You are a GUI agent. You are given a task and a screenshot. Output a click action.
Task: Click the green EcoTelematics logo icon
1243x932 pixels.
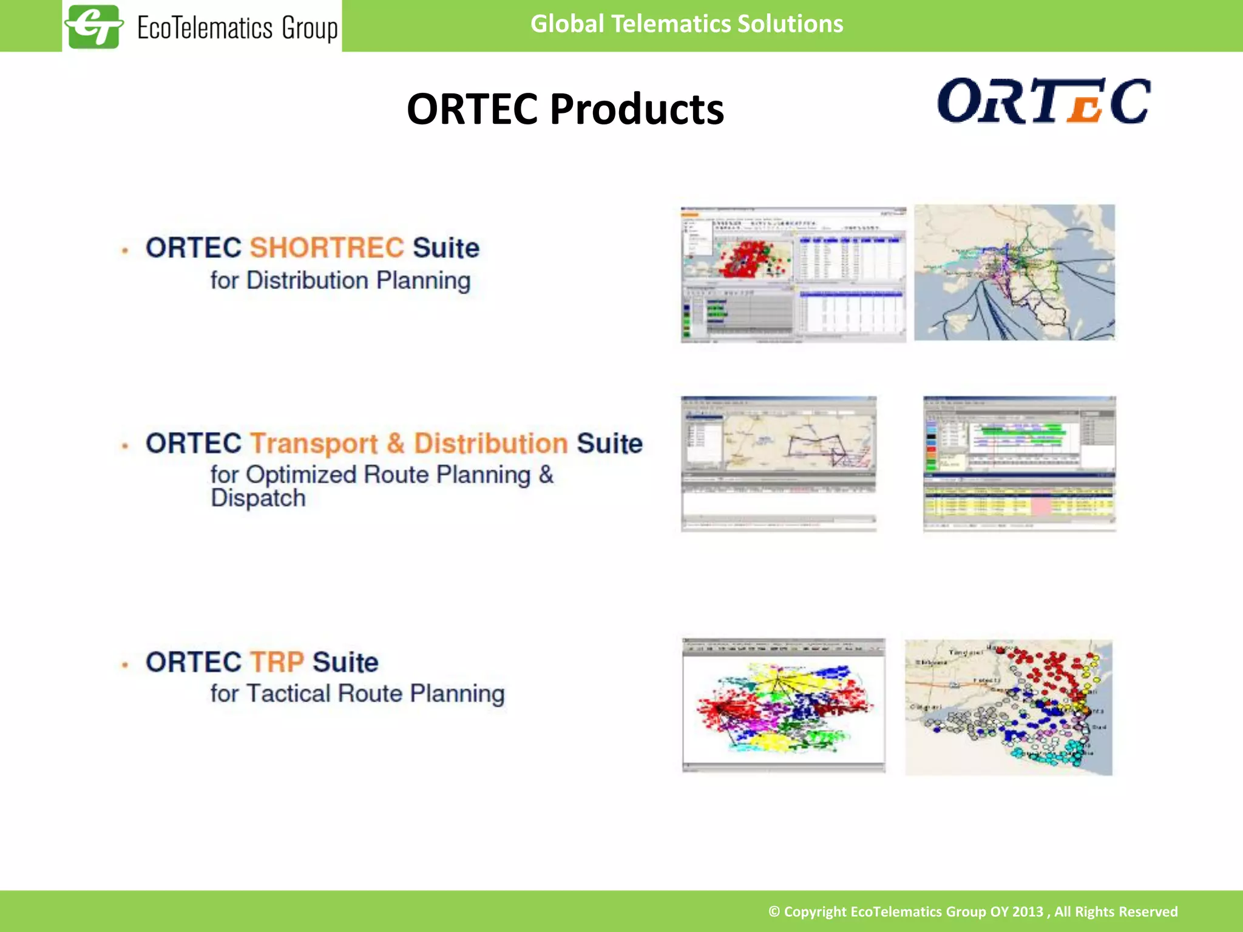coord(94,26)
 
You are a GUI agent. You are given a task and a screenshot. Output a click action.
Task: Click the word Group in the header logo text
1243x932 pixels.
coord(310,29)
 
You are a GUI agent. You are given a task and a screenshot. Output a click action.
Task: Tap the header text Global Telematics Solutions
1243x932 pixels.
coord(686,24)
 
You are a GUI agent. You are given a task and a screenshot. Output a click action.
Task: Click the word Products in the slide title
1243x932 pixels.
coord(637,109)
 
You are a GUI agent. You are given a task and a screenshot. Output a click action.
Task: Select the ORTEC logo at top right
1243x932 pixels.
coord(1043,101)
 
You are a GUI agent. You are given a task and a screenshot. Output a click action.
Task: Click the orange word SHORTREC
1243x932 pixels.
coord(327,248)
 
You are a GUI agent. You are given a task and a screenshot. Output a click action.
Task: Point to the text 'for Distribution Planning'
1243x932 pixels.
coord(340,281)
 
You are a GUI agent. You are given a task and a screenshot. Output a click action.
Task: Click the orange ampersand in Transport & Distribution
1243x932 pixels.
coord(395,443)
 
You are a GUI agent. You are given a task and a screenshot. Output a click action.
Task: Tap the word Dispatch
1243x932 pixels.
coord(258,498)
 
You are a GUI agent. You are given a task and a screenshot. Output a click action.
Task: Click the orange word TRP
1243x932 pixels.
coord(277,662)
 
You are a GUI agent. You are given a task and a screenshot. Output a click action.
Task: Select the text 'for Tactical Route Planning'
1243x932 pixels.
coord(357,694)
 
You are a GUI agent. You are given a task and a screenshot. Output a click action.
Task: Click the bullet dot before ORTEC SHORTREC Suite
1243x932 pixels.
coord(125,250)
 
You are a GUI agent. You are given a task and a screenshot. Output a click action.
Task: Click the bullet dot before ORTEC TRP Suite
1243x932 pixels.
coord(125,664)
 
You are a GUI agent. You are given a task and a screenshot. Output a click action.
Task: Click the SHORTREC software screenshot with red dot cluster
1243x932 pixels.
coord(793,274)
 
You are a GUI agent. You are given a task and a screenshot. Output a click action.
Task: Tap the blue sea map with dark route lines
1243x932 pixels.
coord(1014,272)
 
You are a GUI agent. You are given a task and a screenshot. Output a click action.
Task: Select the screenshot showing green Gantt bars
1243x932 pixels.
coord(1019,464)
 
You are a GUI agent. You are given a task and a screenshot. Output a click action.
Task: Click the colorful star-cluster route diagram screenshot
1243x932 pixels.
coord(784,705)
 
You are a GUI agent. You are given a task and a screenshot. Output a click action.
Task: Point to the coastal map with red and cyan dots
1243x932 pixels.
coord(1008,707)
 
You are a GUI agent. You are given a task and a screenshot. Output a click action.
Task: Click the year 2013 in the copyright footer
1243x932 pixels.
coord(1027,911)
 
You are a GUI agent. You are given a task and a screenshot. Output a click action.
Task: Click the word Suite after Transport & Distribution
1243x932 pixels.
coord(609,444)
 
